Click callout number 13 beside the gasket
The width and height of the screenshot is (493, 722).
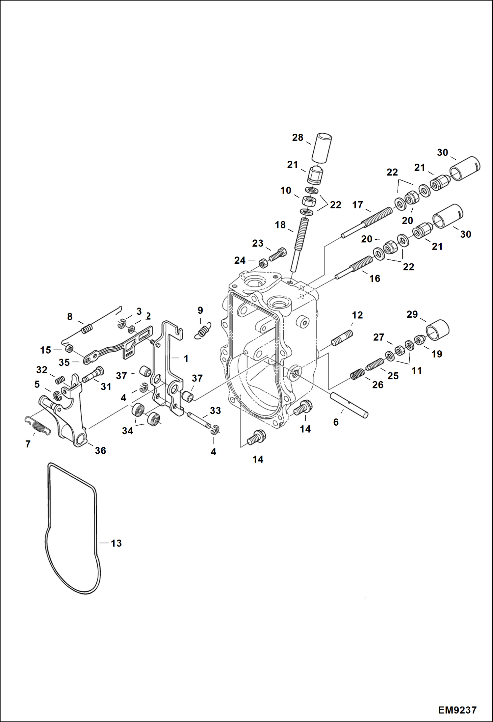(x=116, y=543)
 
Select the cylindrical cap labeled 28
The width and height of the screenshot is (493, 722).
(x=322, y=147)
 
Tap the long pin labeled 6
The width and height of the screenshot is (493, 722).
(x=349, y=404)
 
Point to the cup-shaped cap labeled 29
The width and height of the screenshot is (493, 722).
(x=437, y=330)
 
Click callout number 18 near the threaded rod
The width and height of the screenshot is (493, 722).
(x=280, y=225)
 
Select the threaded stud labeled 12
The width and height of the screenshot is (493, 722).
(x=342, y=338)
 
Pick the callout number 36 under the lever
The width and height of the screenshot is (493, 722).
(x=100, y=450)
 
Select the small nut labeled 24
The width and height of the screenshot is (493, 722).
(x=263, y=263)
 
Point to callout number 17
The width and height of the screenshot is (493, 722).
(x=357, y=205)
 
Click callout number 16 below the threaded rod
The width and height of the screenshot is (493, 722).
(x=375, y=279)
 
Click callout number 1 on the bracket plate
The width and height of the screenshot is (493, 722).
(x=186, y=359)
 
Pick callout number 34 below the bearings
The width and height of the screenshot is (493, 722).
(x=128, y=431)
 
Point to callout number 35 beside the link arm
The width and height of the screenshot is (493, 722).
(x=64, y=362)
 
